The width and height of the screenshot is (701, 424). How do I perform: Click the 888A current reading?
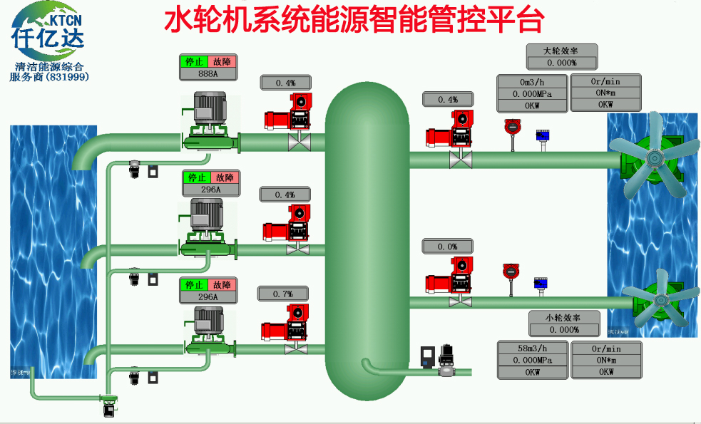[x=208, y=73]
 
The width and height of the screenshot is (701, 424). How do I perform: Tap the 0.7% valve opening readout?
[x=283, y=294]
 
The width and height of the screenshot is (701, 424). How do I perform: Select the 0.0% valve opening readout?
[x=447, y=247]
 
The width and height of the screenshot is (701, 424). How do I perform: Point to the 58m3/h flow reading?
[x=532, y=348]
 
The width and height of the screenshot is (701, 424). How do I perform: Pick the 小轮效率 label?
[x=563, y=318]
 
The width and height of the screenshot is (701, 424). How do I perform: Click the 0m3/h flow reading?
[x=532, y=81]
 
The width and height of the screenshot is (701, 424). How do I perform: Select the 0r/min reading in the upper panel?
[x=605, y=81]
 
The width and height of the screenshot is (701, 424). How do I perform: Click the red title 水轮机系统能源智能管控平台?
[x=354, y=21]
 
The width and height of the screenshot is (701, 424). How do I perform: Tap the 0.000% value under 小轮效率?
[x=563, y=329]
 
